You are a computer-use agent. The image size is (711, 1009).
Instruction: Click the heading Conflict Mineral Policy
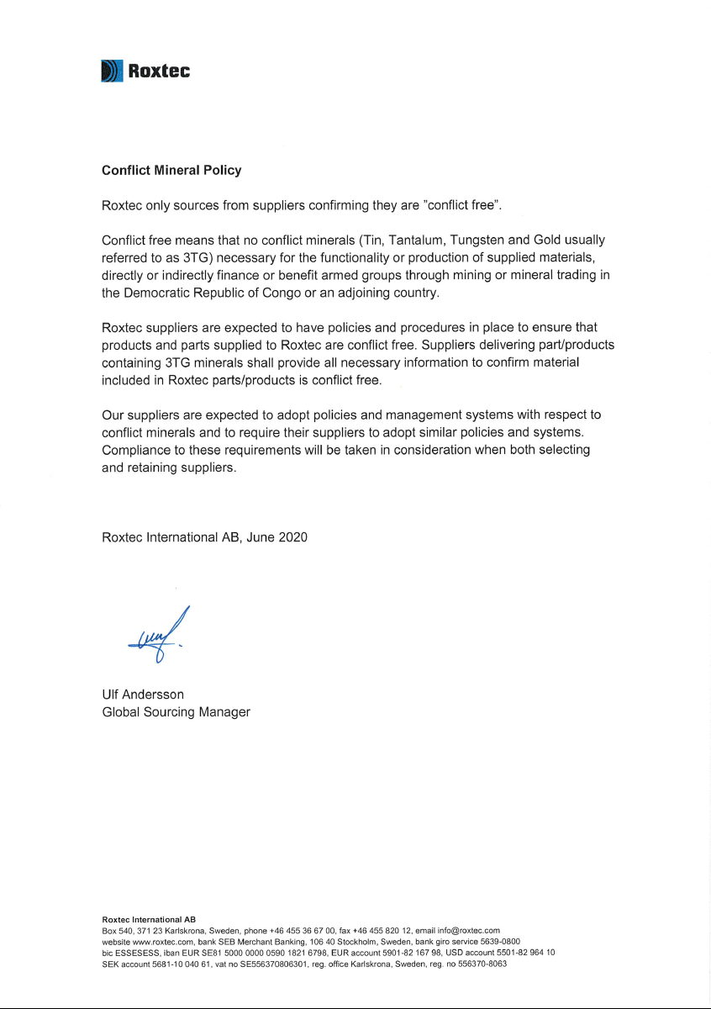coord(171,170)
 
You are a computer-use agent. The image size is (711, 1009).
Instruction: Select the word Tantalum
coord(416,240)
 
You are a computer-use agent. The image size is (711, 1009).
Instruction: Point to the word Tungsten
coord(477,240)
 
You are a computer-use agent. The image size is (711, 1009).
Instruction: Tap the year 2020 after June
coord(292,537)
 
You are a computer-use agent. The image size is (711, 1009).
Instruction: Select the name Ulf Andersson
coord(143,695)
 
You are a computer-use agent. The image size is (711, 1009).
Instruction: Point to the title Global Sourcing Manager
coord(176,712)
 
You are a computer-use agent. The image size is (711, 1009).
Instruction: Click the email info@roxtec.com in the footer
coord(468,931)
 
